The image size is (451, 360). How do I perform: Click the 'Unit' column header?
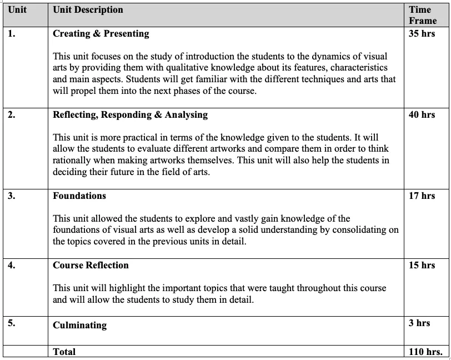click(x=17, y=9)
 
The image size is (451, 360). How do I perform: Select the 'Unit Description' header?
click(x=88, y=9)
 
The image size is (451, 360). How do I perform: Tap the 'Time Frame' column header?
click(x=423, y=15)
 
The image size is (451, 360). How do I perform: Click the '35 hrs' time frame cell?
click(x=422, y=34)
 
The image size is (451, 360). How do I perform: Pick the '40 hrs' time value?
click(x=422, y=115)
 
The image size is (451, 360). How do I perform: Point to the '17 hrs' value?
click(x=422, y=196)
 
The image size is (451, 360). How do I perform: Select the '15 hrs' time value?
click(x=422, y=265)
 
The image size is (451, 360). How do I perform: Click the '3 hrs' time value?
click(x=419, y=323)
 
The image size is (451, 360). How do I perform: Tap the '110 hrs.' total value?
click(x=425, y=352)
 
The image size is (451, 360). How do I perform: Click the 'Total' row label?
click(x=64, y=352)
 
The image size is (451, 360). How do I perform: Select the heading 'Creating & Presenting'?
click(x=101, y=34)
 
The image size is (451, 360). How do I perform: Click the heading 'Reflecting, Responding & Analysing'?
click(x=130, y=115)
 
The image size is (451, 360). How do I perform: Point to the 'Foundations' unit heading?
click(x=79, y=196)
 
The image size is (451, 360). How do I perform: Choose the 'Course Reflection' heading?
click(x=91, y=265)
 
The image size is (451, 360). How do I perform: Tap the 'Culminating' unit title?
click(x=79, y=325)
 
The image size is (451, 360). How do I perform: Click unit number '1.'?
click(x=12, y=34)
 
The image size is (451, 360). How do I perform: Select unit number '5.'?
click(x=12, y=323)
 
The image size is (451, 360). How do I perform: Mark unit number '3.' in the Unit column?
click(x=12, y=196)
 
